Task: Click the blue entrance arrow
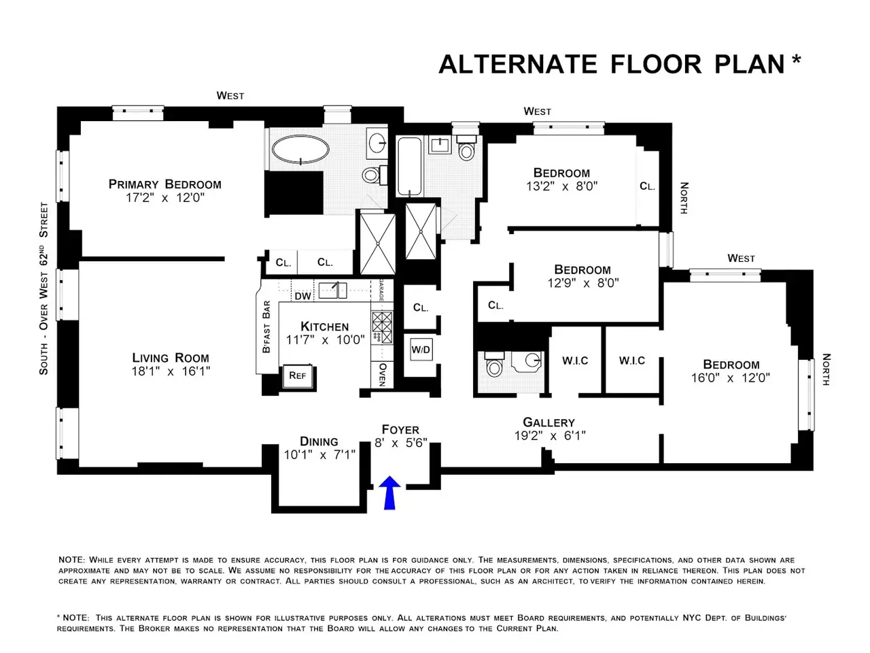coord(389,492)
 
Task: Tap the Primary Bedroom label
coord(165,184)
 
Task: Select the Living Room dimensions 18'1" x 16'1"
coord(171,371)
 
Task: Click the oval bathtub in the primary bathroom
coord(300,150)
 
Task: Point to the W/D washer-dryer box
coord(421,350)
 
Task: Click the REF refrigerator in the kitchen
coord(298,376)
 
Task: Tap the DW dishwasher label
coord(303,296)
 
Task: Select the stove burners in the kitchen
coord(382,327)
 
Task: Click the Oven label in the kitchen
coord(383,374)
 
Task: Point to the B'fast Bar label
coord(266,326)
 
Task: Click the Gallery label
coord(549,422)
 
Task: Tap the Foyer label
coord(400,429)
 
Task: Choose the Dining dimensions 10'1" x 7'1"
coord(319,455)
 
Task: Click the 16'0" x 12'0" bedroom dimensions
coord(731,378)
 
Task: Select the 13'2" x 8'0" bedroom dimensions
coord(561,186)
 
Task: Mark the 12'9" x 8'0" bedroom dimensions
coord(583,283)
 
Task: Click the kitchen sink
coord(332,290)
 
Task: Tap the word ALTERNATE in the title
coord(518,64)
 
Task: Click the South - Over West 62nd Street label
coord(43,288)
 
